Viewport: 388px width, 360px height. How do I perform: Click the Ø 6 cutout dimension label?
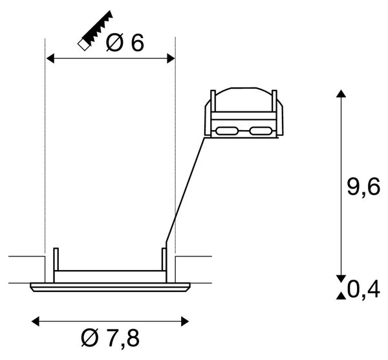point(124,42)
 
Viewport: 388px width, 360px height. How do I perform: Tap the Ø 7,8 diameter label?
point(111,339)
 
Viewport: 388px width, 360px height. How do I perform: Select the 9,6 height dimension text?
point(363,188)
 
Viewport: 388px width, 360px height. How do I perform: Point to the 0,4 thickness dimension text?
point(363,289)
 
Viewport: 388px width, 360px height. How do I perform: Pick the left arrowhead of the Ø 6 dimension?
point(50,58)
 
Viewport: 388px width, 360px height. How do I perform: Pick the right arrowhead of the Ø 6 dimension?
point(171,58)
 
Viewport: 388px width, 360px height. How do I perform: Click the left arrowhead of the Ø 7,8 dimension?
point(36,322)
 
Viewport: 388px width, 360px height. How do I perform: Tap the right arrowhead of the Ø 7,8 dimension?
point(185,322)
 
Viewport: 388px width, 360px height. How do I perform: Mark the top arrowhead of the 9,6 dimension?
point(341,94)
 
